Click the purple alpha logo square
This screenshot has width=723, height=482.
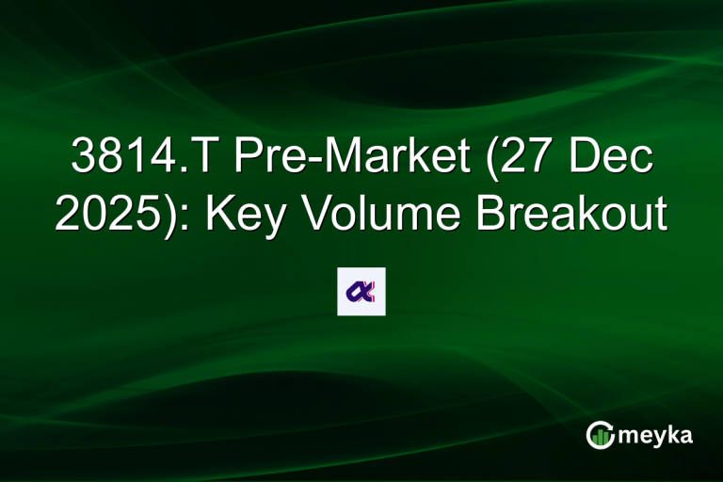click(x=361, y=292)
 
